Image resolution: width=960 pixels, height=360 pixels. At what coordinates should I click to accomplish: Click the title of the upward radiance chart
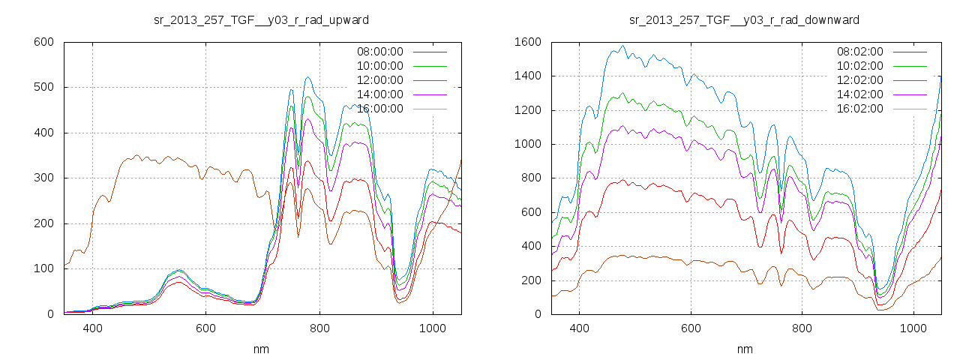261,19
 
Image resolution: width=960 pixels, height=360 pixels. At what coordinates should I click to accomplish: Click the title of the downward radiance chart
745,19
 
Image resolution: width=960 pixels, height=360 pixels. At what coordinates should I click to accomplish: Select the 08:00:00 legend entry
379,52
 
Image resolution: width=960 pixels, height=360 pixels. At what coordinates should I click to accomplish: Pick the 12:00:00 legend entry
379,80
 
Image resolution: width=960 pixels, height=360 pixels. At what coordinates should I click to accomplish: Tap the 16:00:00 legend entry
379,109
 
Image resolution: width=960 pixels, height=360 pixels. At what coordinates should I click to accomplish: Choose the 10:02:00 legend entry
859,66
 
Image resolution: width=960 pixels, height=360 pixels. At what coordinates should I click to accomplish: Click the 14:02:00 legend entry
859,94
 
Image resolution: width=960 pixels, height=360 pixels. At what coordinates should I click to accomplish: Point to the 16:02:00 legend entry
859,109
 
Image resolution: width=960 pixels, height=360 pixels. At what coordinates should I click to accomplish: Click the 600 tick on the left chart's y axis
43,42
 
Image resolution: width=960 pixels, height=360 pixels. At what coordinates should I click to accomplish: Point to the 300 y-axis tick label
43,178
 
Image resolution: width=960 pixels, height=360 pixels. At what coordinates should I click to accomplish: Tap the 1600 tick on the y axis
527,42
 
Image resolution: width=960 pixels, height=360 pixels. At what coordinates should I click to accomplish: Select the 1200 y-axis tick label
527,110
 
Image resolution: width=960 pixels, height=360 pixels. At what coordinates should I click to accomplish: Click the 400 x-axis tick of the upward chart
93,328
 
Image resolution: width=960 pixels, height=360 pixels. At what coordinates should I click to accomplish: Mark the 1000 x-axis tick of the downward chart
913,328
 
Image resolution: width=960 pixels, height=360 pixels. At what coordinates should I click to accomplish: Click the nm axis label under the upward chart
262,349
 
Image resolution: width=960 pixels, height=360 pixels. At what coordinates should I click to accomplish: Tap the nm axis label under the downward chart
745,349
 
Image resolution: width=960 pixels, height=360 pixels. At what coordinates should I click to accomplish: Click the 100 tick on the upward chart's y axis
43,269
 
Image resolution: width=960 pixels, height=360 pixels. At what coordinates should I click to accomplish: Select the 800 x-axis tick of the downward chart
802,328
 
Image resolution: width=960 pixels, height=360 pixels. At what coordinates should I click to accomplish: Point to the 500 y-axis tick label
43,88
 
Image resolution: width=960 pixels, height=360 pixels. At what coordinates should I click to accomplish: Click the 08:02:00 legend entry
859,52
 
